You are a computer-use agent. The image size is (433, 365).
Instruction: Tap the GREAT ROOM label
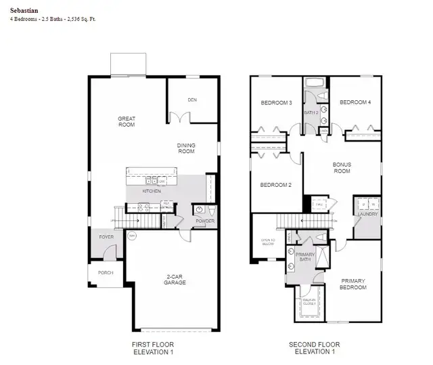click(127, 122)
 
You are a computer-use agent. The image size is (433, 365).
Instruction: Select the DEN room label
click(192, 100)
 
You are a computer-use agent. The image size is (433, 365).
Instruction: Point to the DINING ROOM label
click(186, 148)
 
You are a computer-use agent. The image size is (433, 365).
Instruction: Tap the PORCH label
click(105, 273)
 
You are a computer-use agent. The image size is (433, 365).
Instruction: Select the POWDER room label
click(204, 221)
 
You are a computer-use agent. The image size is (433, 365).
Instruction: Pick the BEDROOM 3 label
click(276, 103)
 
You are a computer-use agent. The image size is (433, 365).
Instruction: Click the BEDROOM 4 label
click(355, 102)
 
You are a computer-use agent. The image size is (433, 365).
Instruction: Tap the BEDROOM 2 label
click(275, 185)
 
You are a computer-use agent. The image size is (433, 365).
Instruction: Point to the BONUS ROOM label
click(342, 167)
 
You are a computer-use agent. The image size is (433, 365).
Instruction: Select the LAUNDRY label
click(368, 215)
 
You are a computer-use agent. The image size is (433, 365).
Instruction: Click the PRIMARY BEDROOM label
click(352, 284)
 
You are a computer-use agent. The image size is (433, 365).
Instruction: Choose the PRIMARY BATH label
click(304, 257)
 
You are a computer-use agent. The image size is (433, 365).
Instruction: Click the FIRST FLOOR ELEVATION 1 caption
click(152, 349)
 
